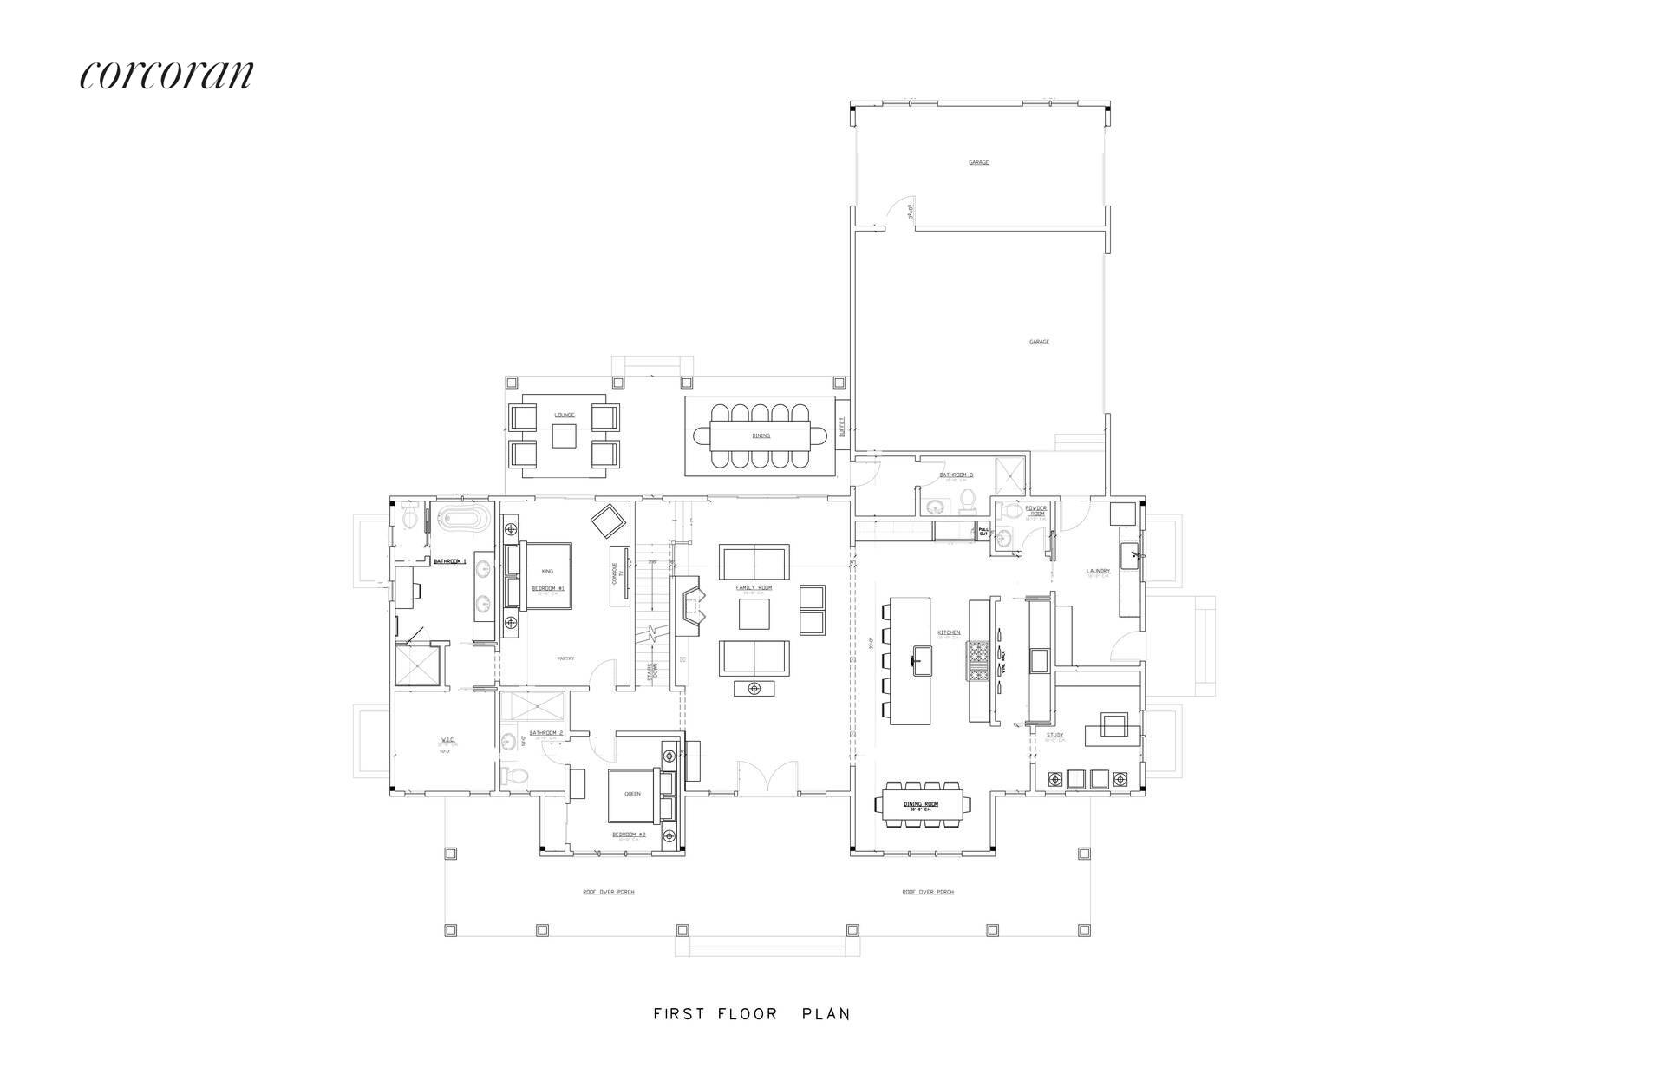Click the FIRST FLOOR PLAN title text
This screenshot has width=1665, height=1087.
pyautogui.click(x=752, y=1013)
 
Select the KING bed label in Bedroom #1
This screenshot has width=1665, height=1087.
pyautogui.click(x=547, y=571)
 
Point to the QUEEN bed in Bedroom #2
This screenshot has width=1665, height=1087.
pyautogui.click(x=633, y=795)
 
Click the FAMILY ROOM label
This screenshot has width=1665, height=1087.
pyautogui.click(x=754, y=587)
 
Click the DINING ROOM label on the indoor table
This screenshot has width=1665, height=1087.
pyautogui.click(x=922, y=804)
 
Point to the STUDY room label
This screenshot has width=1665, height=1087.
pyautogui.click(x=1054, y=735)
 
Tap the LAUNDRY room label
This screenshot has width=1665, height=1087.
pyautogui.click(x=1099, y=571)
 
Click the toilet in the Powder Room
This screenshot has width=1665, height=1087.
pyautogui.click(x=1006, y=539)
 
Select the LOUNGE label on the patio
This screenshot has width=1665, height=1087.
pyautogui.click(x=565, y=415)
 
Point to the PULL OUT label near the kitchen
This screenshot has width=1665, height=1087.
pyautogui.click(x=983, y=532)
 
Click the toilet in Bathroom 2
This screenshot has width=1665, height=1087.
pyautogui.click(x=515, y=776)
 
